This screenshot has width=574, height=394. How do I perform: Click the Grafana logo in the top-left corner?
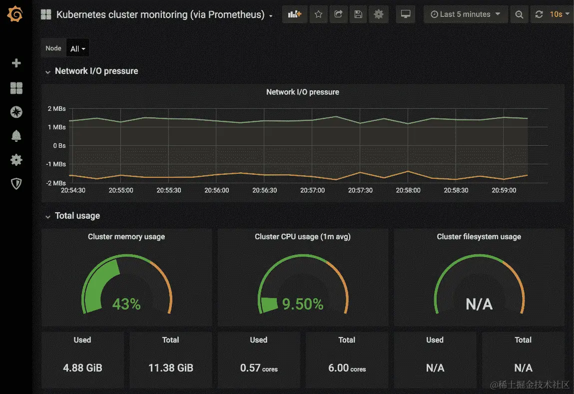(x=15, y=14)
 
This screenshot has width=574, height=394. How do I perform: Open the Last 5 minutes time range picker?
(x=466, y=14)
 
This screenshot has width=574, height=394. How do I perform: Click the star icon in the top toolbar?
(x=318, y=14)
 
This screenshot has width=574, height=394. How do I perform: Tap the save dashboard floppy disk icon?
(x=358, y=14)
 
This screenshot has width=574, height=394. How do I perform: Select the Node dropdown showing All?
(x=78, y=49)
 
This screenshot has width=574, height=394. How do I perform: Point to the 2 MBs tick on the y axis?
(x=56, y=109)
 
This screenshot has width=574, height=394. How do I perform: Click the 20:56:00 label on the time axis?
(x=216, y=190)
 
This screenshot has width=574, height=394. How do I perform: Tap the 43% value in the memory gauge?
(x=126, y=304)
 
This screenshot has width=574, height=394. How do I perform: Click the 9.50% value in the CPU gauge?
(x=303, y=304)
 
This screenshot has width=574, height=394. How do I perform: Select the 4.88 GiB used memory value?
(x=82, y=368)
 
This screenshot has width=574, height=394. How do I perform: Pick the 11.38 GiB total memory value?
(x=170, y=368)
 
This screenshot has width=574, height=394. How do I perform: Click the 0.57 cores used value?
(x=258, y=368)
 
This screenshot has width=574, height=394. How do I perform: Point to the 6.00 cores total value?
(x=347, y=368)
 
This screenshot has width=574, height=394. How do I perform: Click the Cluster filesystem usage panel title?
(x=479, y=237)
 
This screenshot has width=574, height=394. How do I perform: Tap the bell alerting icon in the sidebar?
(x=16, y=136)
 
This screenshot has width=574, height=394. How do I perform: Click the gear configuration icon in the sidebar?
(x=16, y=160)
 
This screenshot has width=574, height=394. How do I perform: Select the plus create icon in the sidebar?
(x=16, y=63)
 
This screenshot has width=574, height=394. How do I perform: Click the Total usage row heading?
(x=77, y=216)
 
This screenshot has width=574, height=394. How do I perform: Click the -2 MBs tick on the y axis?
(x=55, y=183)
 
